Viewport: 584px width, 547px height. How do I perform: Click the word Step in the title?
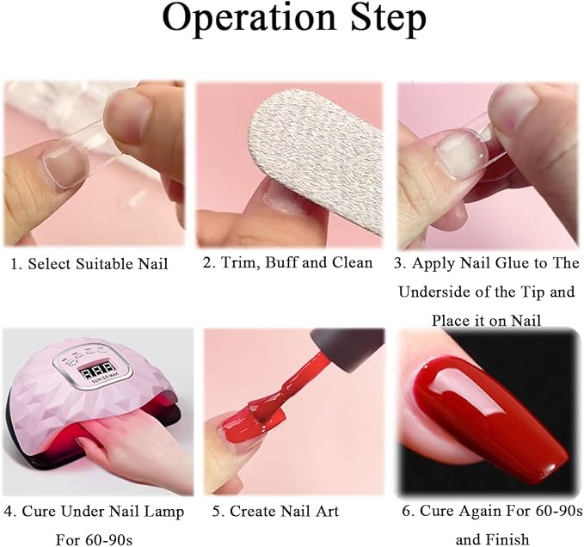(x=388, y=21)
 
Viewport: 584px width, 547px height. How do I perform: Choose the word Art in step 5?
(x=326, y=511)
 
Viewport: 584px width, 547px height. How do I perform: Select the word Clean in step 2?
(x=353, y=262)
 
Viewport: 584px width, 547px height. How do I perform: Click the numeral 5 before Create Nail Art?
(x=217, y=512)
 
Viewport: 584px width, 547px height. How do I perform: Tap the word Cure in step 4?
(x=40, y=512)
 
